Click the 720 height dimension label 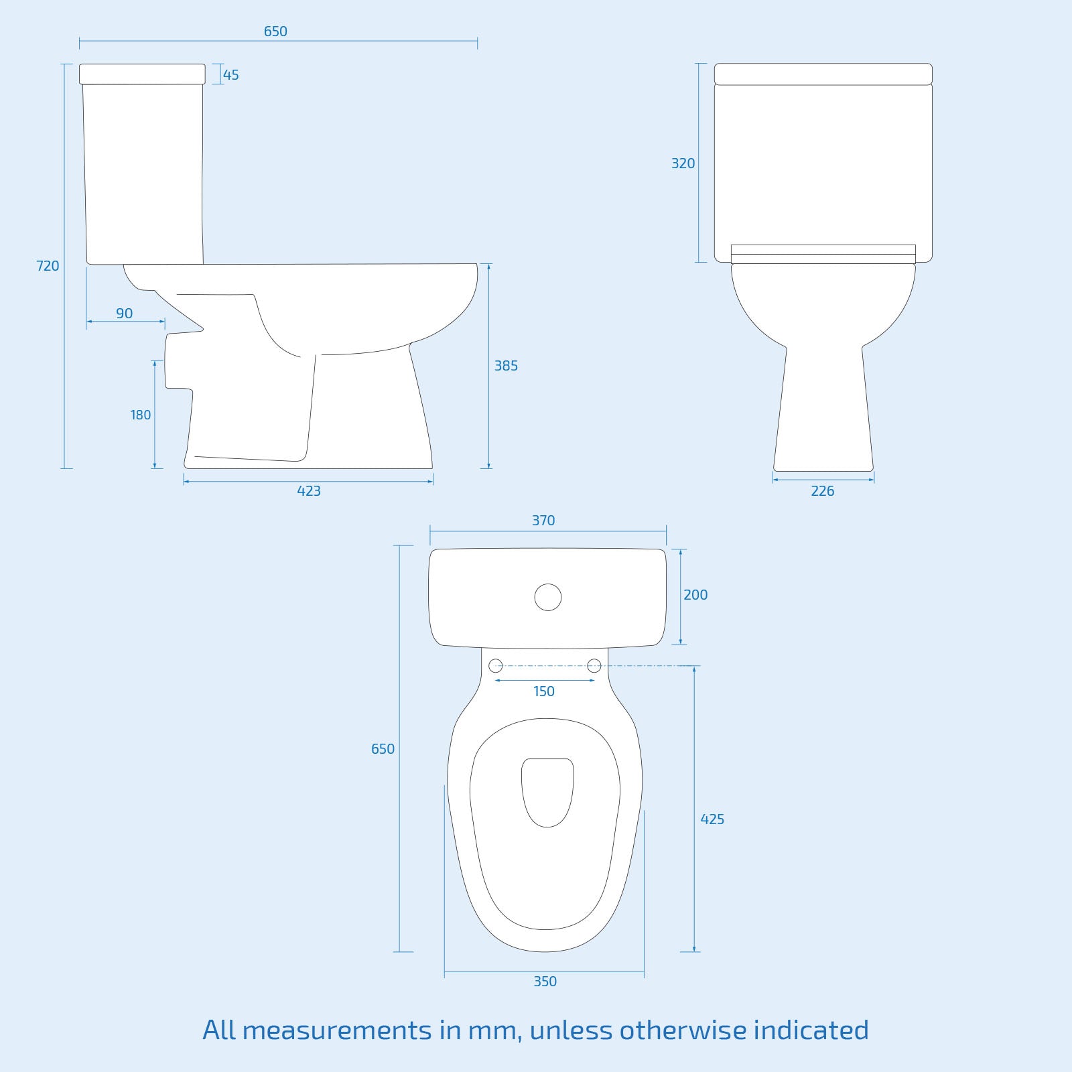[x=48, y=266]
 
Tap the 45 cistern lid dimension [x=231, y=75]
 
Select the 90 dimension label [x=125, y=314]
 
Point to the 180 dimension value [x=141, y=415]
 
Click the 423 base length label [x=309, y=491]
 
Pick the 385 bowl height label [x=506, y=366]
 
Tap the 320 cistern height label [x=683, y=163]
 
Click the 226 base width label [x=823, y=491]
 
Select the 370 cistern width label [x=543, y=521]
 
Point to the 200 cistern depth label [x=695, y=595]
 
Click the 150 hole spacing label [x=544, y=691]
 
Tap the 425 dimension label [x=712, y=819]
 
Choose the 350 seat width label [x=545, y=982]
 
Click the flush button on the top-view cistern [x=548, y=598]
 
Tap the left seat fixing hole [x=496, y=665]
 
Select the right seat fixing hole [x=594, y=665]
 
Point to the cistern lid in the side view [x=142, y=74]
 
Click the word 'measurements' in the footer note [x=337, y=1030]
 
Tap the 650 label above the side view [x=275, y=31]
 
